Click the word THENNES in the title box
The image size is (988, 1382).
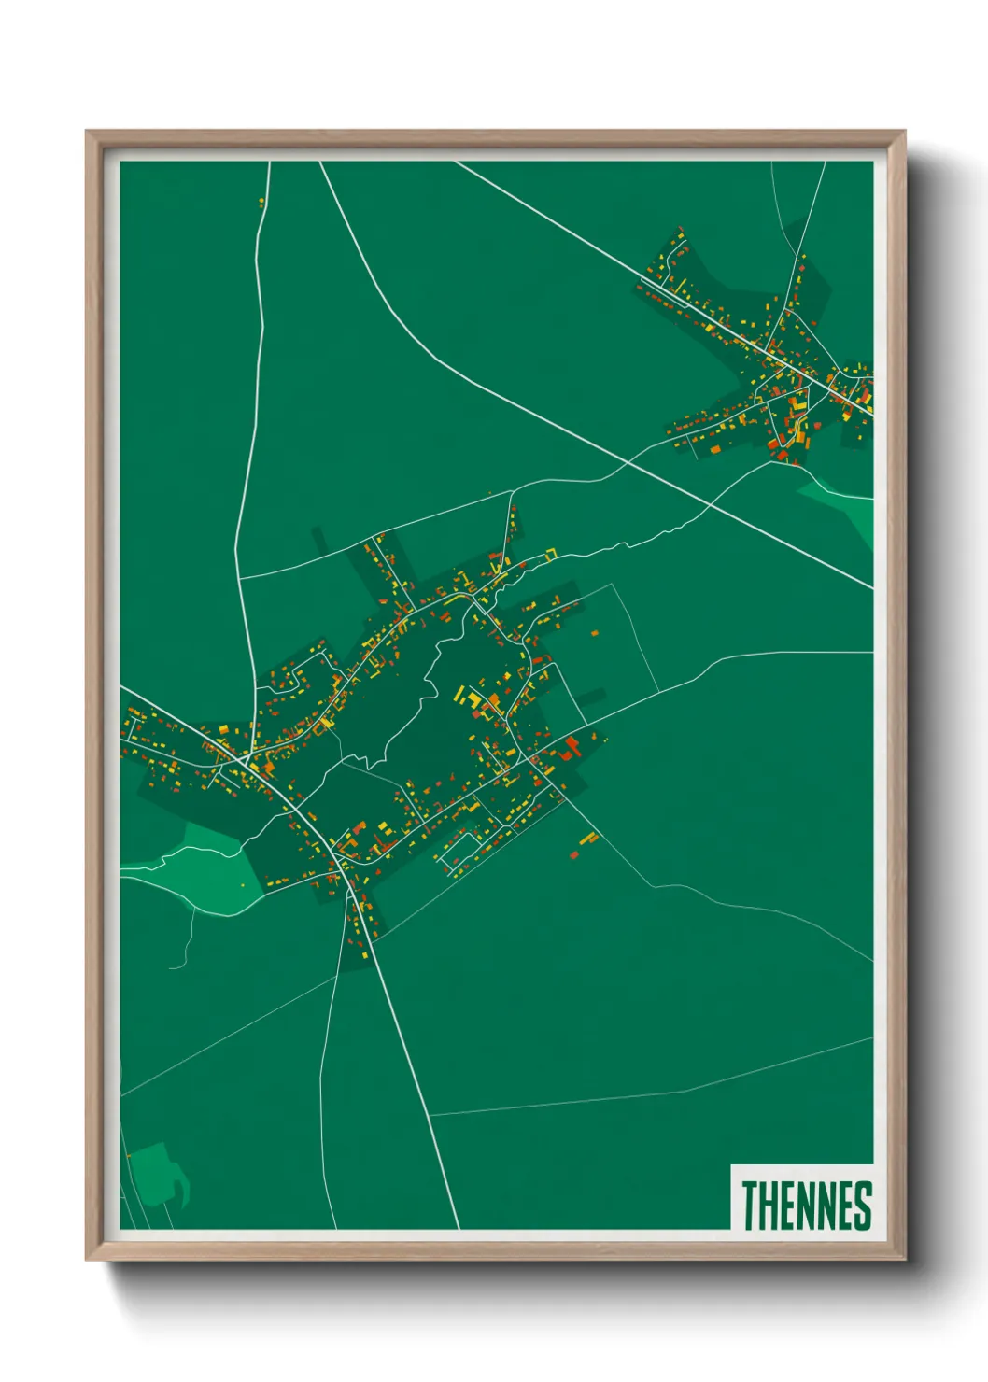807,1205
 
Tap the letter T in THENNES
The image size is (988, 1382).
752,1205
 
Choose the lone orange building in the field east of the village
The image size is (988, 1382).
595,633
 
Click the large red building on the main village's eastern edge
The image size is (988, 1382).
572,745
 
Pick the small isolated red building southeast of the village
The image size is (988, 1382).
574,853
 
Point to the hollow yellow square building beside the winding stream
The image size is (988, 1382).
551,555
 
